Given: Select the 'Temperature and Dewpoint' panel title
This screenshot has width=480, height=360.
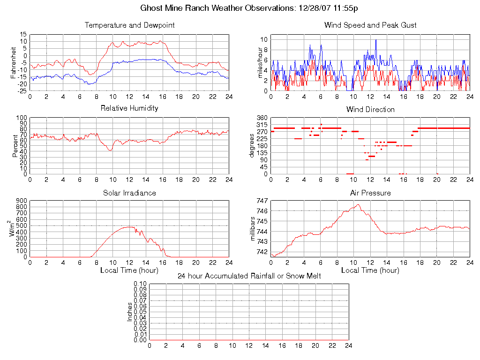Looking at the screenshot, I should pos(129,25).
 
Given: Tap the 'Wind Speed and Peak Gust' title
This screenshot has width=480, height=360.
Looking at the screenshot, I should pos(370,25).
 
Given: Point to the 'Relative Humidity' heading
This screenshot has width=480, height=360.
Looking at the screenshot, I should pos(129,108).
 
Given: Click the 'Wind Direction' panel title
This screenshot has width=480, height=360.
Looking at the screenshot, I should pos(370,109).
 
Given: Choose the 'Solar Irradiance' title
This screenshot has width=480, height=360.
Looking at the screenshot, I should pos(129,193).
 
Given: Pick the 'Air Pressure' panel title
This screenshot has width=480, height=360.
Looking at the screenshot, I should pos(370,193).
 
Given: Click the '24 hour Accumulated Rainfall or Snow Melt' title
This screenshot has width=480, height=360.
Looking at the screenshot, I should pos(249,276).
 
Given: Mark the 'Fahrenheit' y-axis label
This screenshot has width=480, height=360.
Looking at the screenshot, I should pos(15,62).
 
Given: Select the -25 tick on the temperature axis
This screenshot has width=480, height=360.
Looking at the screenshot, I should pos(22,91).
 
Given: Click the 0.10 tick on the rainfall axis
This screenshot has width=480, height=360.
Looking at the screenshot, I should pos(140,284).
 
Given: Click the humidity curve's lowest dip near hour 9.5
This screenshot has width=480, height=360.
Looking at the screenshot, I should pos(110,150).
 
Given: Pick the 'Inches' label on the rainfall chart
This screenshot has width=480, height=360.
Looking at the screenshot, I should pos(129,312).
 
